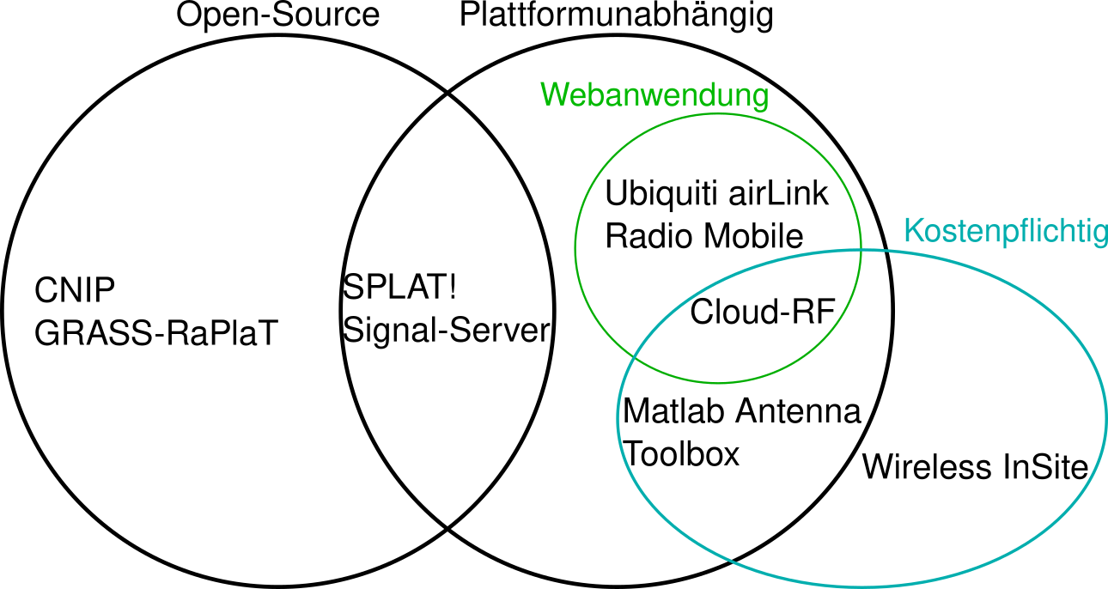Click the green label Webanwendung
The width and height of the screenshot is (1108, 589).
point(654,95)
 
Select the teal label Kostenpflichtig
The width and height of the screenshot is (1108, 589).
point(1005,232)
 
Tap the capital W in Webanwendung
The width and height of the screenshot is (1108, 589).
point(554,94)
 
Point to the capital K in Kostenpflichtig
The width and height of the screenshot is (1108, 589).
point(913,231)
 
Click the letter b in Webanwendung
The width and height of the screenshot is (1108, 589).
point(592,94)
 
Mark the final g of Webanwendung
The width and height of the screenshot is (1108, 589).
point(758,98)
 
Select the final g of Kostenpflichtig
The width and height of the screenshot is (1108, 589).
point(1099,235)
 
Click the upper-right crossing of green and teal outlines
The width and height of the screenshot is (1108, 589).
point(861,250)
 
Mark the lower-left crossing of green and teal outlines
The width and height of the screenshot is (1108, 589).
point(635,353)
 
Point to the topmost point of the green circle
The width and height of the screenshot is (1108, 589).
point(718,113)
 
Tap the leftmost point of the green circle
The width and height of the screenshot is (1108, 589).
point(575,248)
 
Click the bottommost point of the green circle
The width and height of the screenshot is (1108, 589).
point(718,383)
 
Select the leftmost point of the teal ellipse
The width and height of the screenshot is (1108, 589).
point(618,418)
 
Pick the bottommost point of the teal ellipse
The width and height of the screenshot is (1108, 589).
point(862,586)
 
